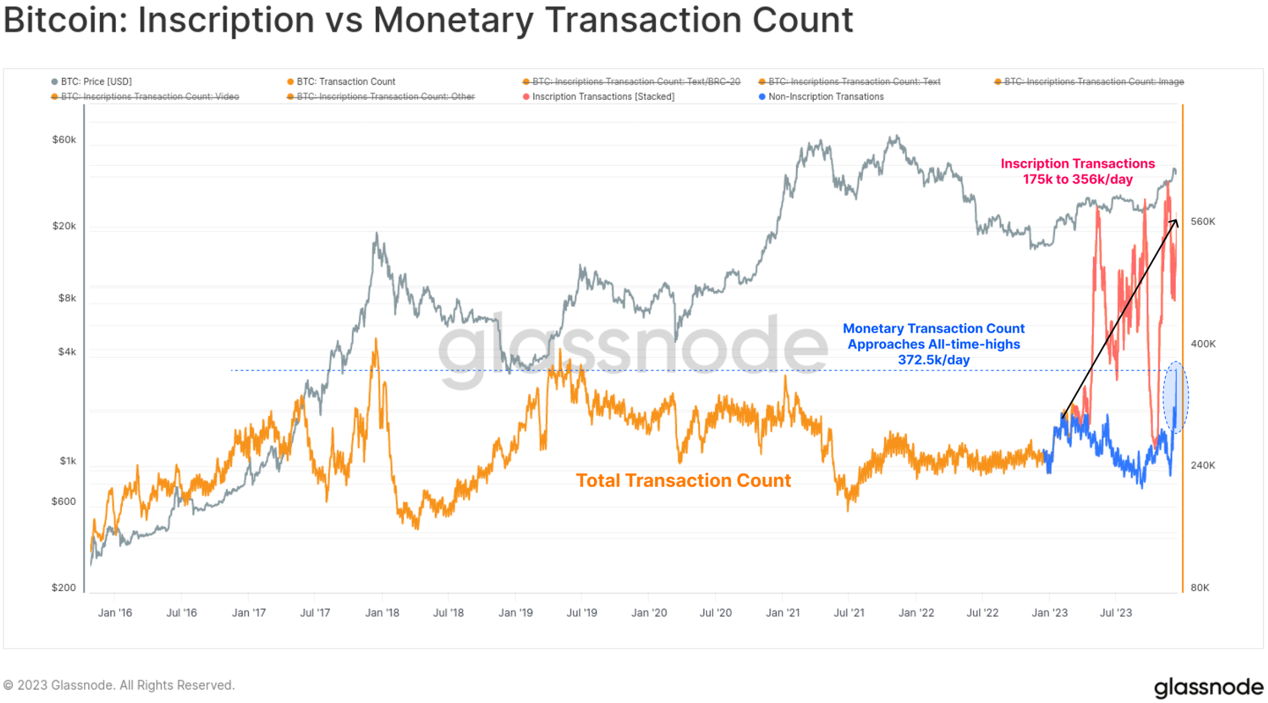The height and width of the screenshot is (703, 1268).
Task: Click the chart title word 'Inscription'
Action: (x=226, y=20)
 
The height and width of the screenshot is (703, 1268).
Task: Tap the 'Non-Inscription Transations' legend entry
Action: (x=825, y=97)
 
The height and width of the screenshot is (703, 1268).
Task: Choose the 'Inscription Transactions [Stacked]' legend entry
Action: (x=603, y=97)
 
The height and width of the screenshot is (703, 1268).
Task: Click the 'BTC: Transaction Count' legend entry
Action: (x=345, y=82)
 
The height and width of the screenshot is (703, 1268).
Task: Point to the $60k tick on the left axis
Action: (x=64, y=140)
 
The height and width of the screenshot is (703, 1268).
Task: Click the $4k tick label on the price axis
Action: (x=67, y=352)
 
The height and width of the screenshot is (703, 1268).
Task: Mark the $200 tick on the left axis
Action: (x=63, y=588)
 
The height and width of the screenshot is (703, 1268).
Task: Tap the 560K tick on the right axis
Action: (x=1203, y=222)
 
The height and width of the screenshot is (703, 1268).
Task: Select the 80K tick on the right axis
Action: (x=1200, y=588)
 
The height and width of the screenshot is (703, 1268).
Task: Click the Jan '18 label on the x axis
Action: (x=382, y=613)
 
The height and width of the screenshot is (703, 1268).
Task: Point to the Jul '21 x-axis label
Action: (x=849, y=613)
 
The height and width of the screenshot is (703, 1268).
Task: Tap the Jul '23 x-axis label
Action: (x=1116, y=613)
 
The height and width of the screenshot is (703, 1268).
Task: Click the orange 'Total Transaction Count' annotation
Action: (x=683, y=480)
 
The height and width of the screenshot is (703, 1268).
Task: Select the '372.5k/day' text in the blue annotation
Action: (x=933, y=360)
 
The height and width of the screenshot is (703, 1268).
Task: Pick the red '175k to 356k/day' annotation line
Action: (x=1077, y=179)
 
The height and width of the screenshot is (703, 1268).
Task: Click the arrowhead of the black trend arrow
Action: (x=1175, y=223)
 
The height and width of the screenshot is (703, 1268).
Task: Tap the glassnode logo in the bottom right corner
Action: (x=1208, y=687)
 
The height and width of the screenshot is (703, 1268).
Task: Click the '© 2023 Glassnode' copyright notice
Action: (x=119, y=685)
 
